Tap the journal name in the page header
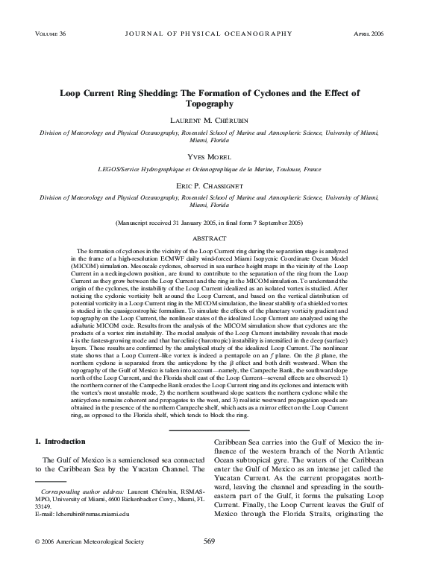210,35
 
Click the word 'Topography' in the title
211,105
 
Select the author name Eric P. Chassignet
211,185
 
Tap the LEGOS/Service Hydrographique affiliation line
211,171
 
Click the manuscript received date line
211,223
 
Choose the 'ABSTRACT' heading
211,238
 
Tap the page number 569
210,542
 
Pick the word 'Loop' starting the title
72,94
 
